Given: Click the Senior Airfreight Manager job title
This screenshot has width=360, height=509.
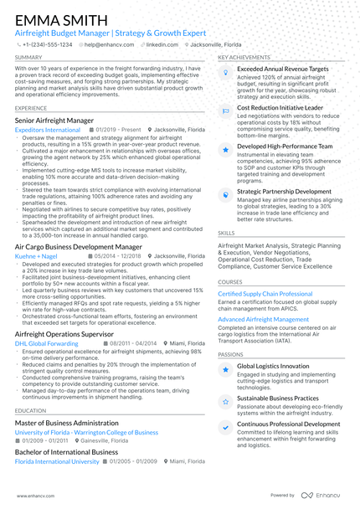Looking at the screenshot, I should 54,121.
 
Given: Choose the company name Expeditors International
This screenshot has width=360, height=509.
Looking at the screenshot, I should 49,131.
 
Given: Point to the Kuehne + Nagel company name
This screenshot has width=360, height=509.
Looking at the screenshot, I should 38,256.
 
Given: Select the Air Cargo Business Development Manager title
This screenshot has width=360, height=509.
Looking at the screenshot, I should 78,247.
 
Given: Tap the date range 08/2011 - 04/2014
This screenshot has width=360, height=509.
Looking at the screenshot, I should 132,343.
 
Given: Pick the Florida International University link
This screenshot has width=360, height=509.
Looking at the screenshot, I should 57,460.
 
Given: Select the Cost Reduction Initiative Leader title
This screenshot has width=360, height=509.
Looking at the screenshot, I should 280,108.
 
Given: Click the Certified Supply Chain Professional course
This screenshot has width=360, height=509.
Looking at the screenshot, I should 265,294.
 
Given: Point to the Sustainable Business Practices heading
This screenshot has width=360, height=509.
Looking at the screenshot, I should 278,399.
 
